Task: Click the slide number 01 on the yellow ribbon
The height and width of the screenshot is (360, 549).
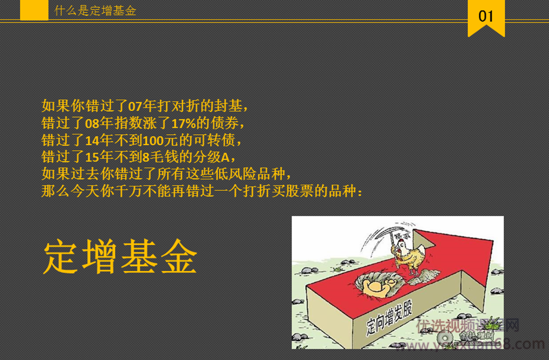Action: (x=486, y=16)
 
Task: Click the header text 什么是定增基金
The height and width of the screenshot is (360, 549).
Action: (x=95, y=10)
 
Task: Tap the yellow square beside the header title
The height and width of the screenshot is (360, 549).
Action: (x=34, y=10)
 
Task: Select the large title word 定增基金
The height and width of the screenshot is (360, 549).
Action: (x=120, y=257)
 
